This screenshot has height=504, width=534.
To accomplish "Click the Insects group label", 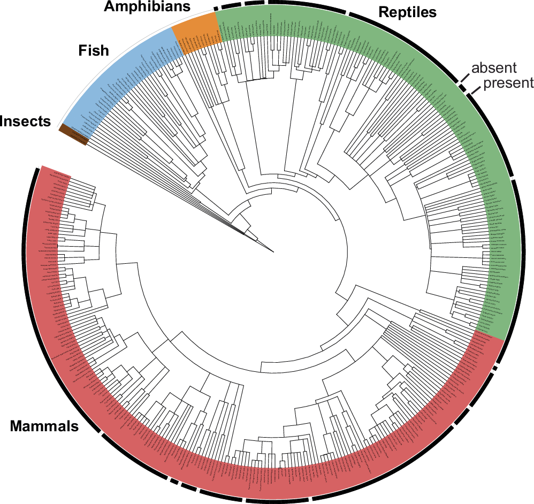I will tap(25, 121).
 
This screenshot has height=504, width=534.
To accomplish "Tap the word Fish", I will tap(94, 51).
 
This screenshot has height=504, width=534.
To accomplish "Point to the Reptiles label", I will tap(407, 12).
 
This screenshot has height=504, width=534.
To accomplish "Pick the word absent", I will tap(494, 68).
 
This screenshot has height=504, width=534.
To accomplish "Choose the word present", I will tap(508, 83).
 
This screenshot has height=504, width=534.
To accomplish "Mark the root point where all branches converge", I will tap(273, 251).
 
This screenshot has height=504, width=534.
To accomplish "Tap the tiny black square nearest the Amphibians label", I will tap(216, 7).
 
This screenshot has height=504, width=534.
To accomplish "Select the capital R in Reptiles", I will tap(383, 12).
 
